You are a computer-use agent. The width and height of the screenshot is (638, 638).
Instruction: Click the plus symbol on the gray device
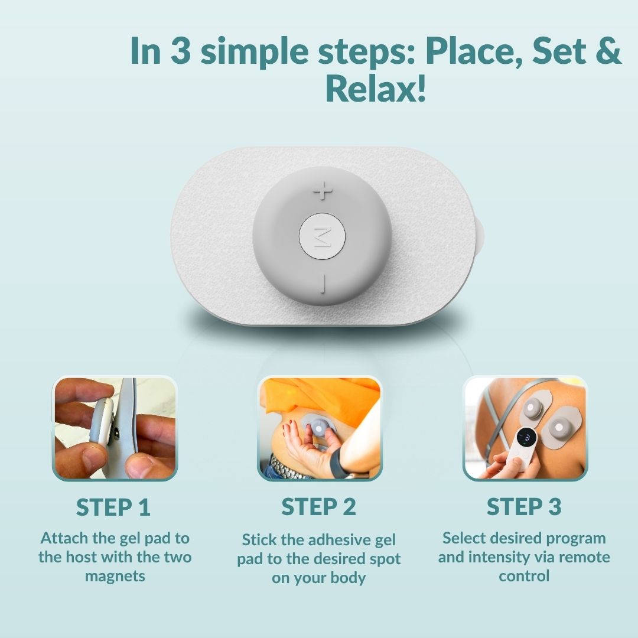coord(323,191)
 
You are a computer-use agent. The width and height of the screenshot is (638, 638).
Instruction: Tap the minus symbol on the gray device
coord(323,284)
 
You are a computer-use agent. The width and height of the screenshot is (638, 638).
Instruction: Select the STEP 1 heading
coord(113,507)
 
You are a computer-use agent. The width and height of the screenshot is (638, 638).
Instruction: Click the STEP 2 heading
coord(318,507)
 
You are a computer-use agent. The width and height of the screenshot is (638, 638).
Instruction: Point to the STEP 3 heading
coord(524,507)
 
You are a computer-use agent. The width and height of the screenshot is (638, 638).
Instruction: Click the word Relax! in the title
coord(376,88)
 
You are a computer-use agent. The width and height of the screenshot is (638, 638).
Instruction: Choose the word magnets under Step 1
coord(115,577)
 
